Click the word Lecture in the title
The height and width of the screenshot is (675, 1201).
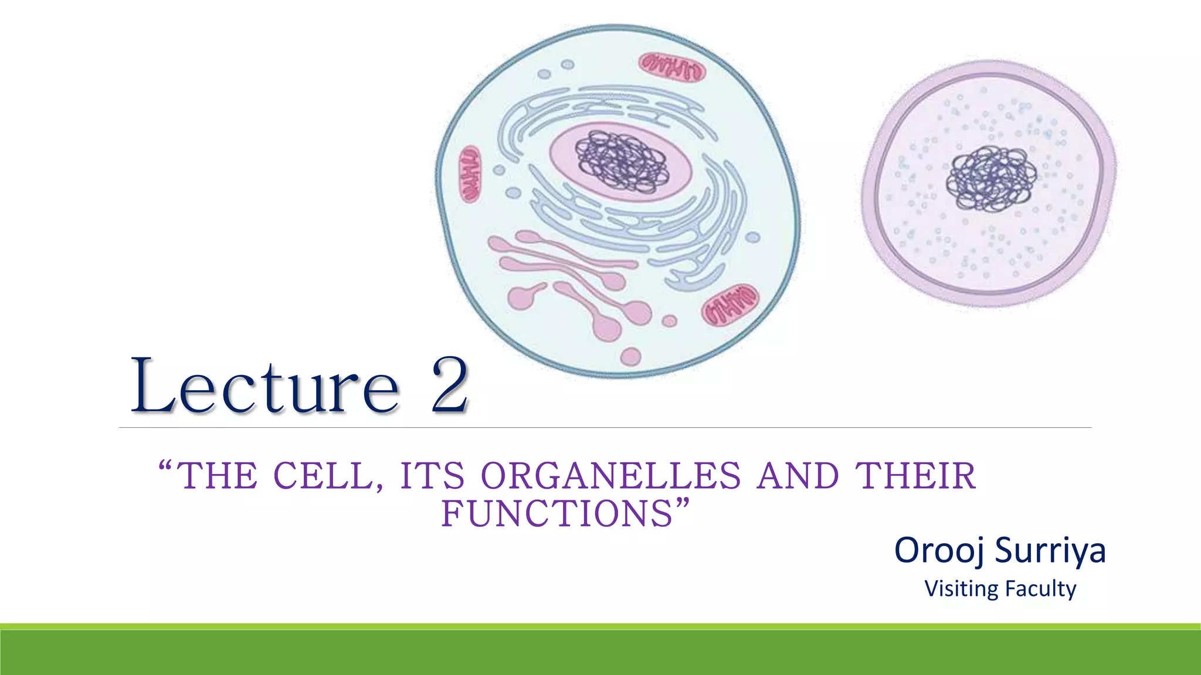tap(265, 387)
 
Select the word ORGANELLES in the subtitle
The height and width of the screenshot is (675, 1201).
tap(611, 476)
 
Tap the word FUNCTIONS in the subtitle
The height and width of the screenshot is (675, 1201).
tap(557, 514)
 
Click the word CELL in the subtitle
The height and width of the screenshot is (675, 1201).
tap(324, 476)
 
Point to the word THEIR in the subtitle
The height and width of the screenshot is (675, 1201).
tap(915, 476)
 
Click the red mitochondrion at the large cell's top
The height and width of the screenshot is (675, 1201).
tap(672, 67)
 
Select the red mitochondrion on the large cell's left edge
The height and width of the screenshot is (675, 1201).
tap(470, 174)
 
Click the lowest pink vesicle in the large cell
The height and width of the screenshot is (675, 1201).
tap(630, 356)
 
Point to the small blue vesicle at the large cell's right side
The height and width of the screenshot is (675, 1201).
tap(753, 237)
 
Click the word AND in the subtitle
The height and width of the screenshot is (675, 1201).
tap(798, 476)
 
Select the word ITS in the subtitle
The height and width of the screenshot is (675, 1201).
tap(432, 476)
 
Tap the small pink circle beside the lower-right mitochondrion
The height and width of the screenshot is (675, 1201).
tap(669, 321)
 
